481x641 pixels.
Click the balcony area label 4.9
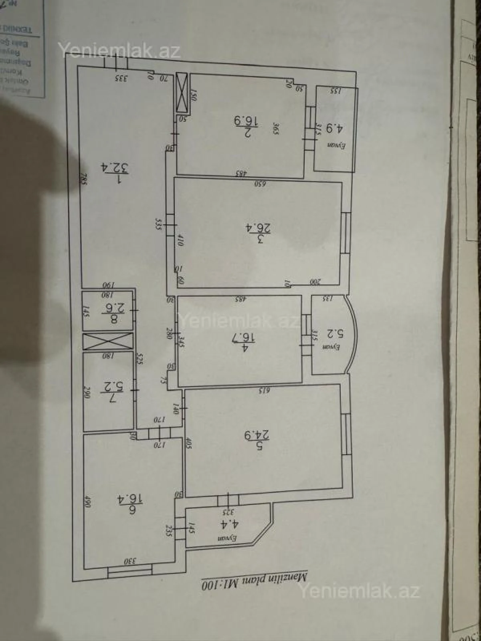coord(334,129)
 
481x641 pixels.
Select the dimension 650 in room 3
coord(261,184)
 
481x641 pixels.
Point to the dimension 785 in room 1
coord(84,178)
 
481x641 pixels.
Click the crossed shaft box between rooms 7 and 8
coord(108,341)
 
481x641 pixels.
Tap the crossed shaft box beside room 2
coord(182,92)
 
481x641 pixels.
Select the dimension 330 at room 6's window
coord(129,562)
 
